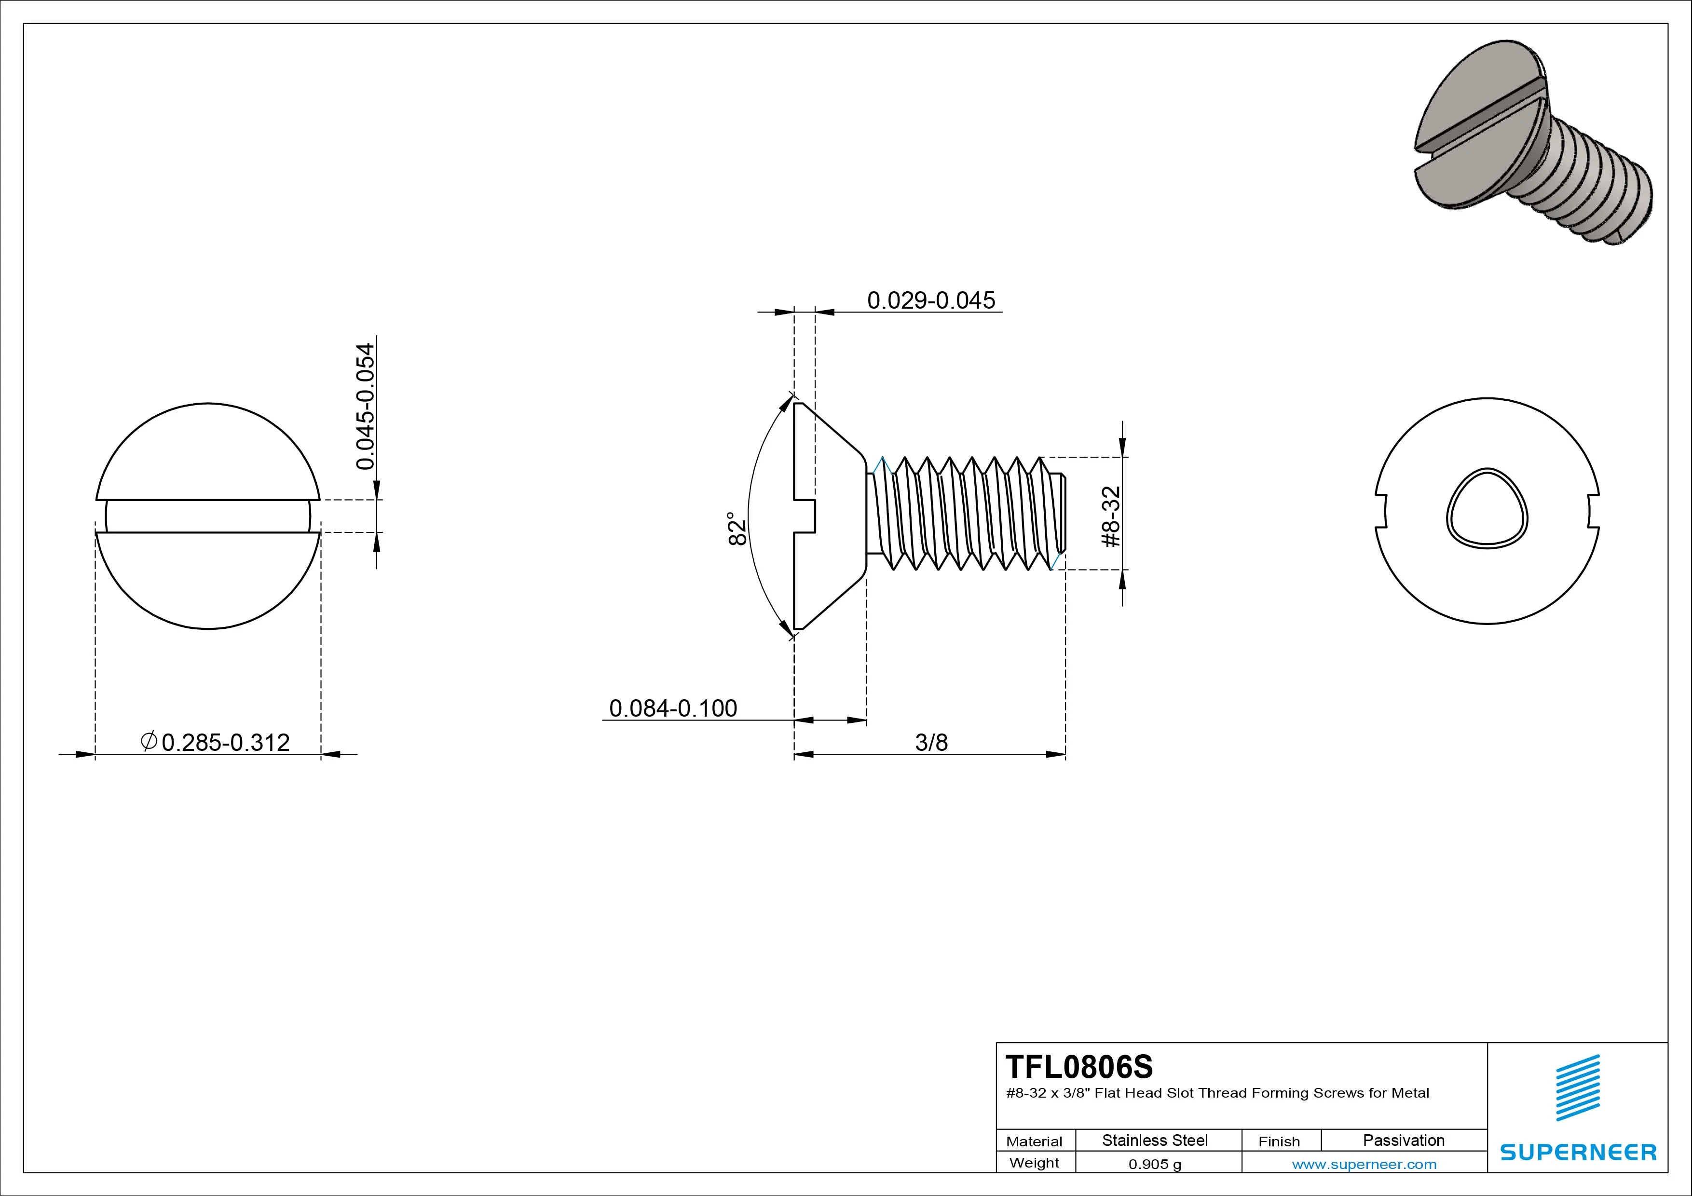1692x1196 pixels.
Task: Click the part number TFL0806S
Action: [x=1079, y=1066]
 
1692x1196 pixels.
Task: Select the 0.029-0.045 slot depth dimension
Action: [x=931, y=300]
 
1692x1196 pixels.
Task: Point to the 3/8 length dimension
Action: [x=931, y=742]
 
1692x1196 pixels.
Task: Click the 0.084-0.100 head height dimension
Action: [x=673, y=708]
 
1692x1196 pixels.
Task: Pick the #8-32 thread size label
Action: [x=1111, y=516]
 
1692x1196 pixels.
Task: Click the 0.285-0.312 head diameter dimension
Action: [x=215, y=742]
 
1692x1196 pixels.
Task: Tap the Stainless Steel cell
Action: [x=1155, y=1140]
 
